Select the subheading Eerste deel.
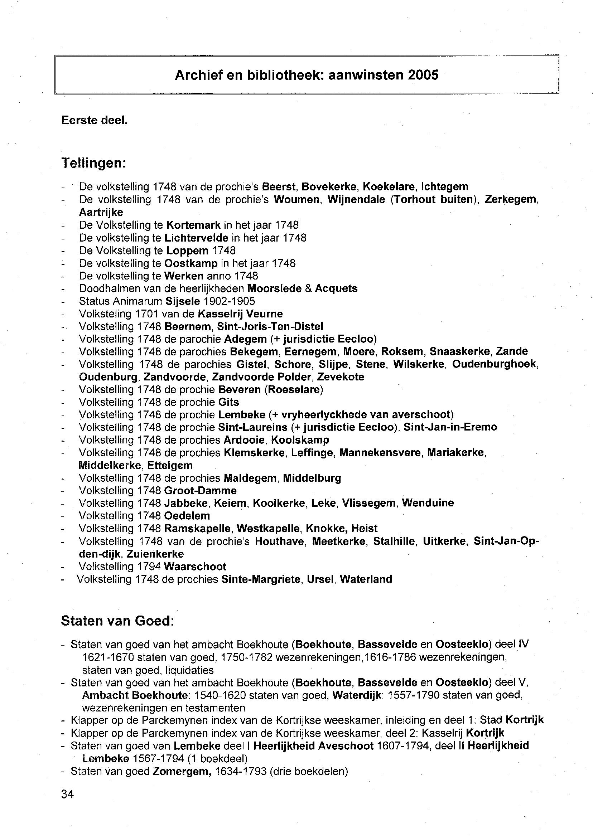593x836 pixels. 94,120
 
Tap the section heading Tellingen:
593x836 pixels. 93,163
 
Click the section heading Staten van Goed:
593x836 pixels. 117,621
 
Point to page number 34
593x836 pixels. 68,794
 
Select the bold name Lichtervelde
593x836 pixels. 196,238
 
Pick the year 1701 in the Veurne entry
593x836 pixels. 147,313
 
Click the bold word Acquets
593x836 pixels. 336,288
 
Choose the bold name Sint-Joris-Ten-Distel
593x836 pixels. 270,326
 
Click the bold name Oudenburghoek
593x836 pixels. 495,364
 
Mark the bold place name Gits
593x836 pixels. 228,402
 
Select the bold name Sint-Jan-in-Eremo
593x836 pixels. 450,427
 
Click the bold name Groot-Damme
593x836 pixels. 201,490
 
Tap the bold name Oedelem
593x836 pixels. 187,516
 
